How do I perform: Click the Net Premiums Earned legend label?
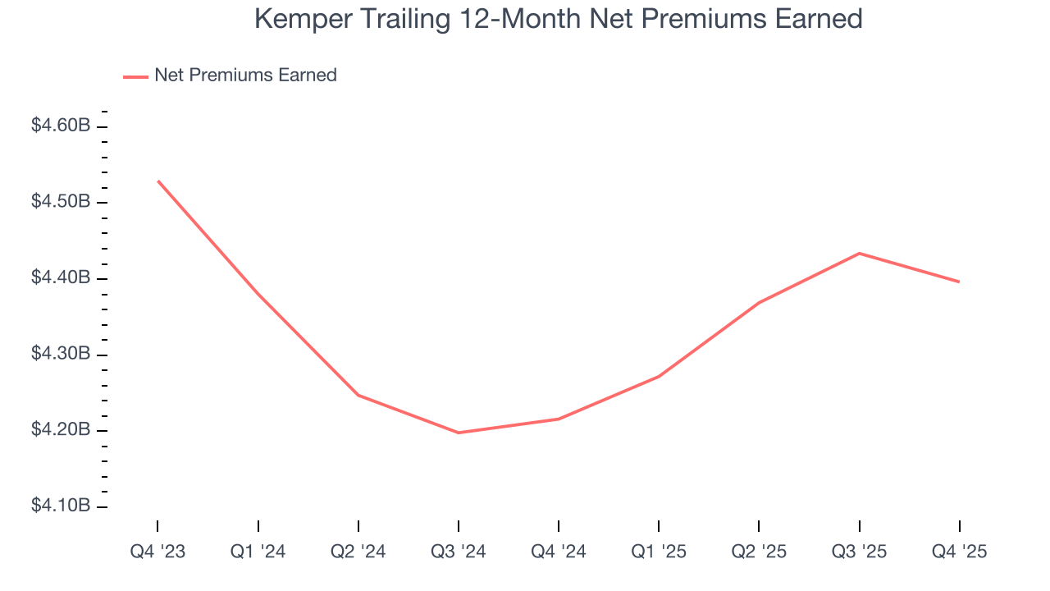[245, 76]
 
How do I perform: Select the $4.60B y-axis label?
[60, 126]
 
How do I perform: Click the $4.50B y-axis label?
[60, 203]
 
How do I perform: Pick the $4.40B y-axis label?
[60, 278]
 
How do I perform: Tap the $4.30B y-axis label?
[60, 355]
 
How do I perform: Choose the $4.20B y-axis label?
[60, 431]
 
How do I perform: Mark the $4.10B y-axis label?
[60, 506]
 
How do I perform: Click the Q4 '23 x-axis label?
[157, 552]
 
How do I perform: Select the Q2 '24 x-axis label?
[358, 552]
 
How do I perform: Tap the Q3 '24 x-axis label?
[459, 552]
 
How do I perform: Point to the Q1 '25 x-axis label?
[659, 552]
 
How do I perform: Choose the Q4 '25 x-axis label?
[959, 552]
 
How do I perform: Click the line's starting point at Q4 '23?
[157, 181]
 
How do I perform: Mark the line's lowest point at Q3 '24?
[459, 433]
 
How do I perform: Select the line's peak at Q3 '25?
[859, 253]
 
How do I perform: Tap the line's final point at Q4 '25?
[959, 282]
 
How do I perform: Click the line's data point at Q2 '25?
[759, 303]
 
